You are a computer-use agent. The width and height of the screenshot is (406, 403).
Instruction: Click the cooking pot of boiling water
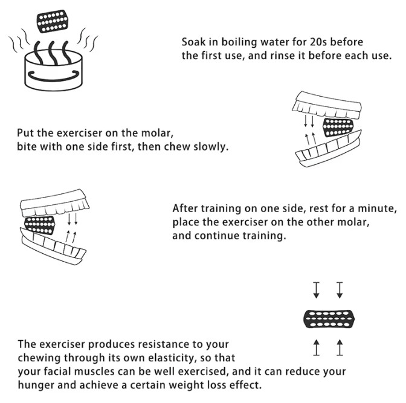click(54, 70)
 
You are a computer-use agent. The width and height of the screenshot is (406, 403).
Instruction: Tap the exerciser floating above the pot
click(53, 21)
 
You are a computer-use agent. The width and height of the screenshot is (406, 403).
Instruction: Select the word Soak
click(194, 42)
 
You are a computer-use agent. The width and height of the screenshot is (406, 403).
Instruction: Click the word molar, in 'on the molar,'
click(157, 133)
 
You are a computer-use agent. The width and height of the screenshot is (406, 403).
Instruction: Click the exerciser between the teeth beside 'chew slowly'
click(338, 127)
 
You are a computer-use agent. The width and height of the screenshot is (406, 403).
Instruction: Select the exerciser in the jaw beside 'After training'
click(40, 225)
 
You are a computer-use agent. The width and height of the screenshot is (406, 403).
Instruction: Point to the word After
click(185, 208)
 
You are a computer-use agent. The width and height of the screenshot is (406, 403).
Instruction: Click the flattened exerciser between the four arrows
click(329, 319)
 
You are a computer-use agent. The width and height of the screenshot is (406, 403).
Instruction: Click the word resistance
click(163, 344)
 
